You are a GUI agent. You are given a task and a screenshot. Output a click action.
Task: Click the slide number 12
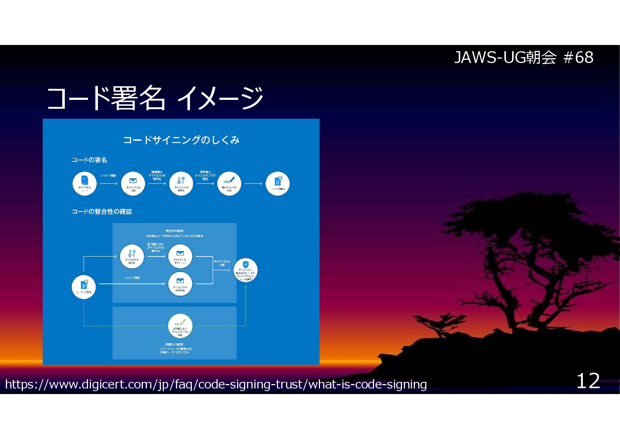click(588, 381)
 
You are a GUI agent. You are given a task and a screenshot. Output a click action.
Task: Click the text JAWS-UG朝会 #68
click(524, 58)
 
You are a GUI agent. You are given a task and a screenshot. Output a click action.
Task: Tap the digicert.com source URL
click(216, 384)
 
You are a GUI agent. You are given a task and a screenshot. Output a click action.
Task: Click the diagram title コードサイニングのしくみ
click(181, 140)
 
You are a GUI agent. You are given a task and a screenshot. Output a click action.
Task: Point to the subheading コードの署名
click(89, 160)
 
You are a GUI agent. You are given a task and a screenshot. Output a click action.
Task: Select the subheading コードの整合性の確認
click(102, 212)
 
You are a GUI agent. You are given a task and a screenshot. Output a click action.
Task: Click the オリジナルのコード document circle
click(85, 184)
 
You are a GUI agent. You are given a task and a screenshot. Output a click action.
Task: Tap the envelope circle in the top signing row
click(133, 184)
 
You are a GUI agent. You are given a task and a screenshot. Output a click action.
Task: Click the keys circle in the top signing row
click(181, 184)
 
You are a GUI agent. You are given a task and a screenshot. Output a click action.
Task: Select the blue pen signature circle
click(229, 184)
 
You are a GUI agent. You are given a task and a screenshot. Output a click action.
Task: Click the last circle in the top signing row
click(278, 184)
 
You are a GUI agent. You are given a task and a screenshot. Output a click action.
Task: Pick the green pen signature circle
click(180, 326)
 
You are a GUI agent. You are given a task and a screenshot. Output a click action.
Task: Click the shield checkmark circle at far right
click(246, 270)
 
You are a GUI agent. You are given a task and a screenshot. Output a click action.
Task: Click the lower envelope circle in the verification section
click(180, 284)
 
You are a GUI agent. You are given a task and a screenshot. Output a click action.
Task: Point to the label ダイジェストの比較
click(222, 263)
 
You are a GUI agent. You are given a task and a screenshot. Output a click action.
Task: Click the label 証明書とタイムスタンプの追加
click(205, 175)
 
